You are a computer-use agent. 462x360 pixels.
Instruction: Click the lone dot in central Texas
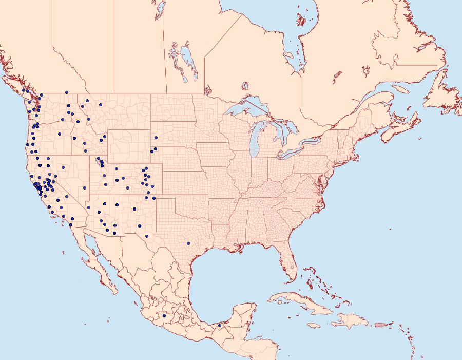pyautogui.click(x=188, y=243)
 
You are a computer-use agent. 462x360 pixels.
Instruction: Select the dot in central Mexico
pyautogui.click(x=164, y=316)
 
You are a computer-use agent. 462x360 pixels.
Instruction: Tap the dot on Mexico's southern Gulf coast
pyautogui.click(x=219, y=326)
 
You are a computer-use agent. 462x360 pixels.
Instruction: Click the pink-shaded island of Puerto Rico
pyautogui.click(x=380, y=324)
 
